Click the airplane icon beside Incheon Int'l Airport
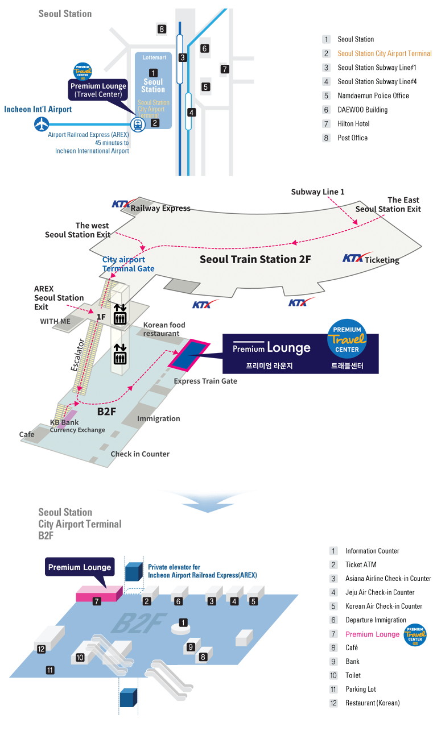[x=41, y=123]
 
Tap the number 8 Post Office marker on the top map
[x=162, y=29]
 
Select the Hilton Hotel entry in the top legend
[x=353, y=124]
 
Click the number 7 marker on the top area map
[x=225, y=69]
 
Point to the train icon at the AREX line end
[x=138, y=126]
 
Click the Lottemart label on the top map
[x=154, y=58]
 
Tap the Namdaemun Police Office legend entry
[x=373, y=95]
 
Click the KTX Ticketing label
[x=371, y=259]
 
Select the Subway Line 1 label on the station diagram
[x=317, y=192]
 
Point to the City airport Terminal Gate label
[x=128, y=264]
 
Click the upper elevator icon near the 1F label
[x=119, y=314]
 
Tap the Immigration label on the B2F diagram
[x=159, y=419]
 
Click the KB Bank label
[x=64, y=423]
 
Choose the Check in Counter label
[x=140, y=454]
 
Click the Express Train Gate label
[x=205, y=381]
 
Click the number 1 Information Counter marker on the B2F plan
[x=183, y=623]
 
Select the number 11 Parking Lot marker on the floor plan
[x=50, y=671]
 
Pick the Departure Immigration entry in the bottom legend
[x=376, y=620]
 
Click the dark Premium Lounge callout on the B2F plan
[x=80, y=567]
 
